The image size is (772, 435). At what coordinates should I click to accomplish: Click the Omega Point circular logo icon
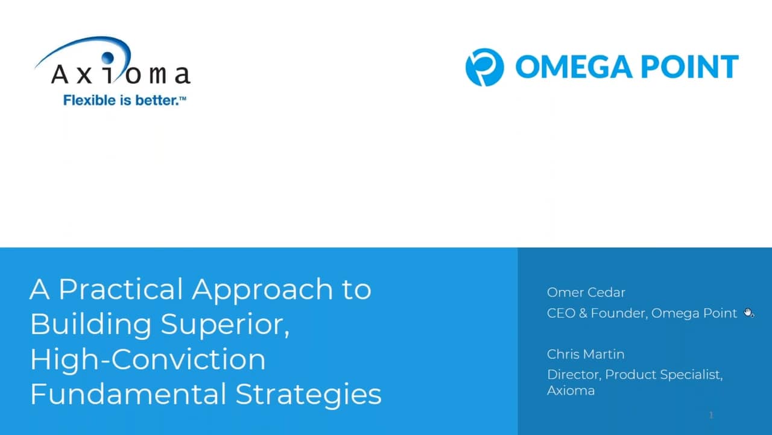coord(484,67)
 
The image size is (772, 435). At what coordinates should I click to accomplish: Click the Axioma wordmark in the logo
coord(121,74)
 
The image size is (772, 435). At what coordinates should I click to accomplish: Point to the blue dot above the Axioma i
coord(107,57)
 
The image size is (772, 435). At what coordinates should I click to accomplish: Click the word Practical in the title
coord(121,291)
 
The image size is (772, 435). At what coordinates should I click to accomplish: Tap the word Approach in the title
coord(262,291)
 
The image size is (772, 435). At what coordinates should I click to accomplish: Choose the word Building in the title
coord(90,325)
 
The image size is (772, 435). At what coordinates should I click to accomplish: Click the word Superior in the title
coord(225,325)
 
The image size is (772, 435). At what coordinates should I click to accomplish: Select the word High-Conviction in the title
coord(148,359)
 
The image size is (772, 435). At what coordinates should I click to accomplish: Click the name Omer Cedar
coord(586,292)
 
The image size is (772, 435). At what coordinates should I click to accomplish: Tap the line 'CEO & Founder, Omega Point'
coord(642,314)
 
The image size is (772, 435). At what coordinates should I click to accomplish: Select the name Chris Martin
coord(586,354)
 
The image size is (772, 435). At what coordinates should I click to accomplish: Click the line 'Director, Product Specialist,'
coord(635,375)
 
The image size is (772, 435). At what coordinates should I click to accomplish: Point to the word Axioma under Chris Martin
coord(571,391)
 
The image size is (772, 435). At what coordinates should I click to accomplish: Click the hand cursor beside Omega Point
coord(748,313)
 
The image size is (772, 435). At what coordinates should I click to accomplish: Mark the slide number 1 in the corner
coord(711,415)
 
